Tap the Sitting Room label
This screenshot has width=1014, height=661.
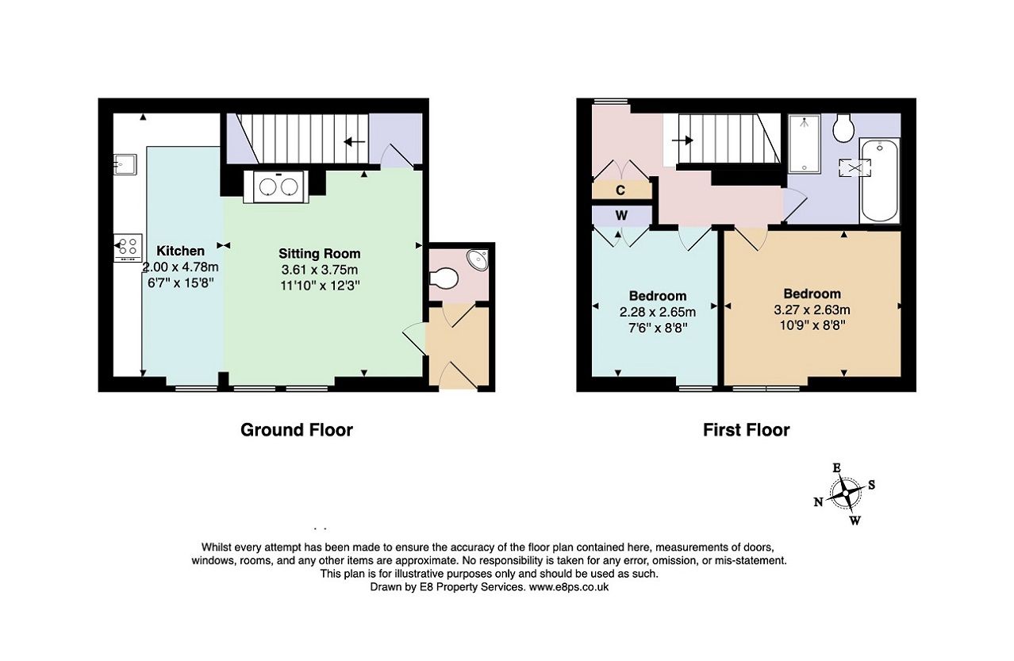[x=319, y=254]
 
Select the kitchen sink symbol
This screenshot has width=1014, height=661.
[x=125, y=164]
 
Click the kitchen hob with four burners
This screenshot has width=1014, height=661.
[x=127, y=247]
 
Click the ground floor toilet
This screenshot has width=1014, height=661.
[x=443, y=279]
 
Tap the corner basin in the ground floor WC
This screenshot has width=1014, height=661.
[x=478, y=259]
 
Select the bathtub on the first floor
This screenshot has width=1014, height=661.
[x=879, y=181]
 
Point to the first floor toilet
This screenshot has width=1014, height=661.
[x=843, y=127]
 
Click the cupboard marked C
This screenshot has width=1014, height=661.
[x=620, y=190]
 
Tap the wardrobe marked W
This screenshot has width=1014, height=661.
[x=621, y=215]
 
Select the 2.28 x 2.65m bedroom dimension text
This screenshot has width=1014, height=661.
[x=657, y=312]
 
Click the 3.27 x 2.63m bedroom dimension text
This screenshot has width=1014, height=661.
[x=812, y=309]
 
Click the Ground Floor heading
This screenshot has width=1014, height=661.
[x=296, y=430]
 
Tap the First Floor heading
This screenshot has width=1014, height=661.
[x=746, y=430]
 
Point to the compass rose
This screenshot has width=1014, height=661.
[x=846, y=494]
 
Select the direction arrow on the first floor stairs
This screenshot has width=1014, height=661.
[x=682, y=140]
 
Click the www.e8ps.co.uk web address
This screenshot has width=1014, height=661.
[x=568, y=587]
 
